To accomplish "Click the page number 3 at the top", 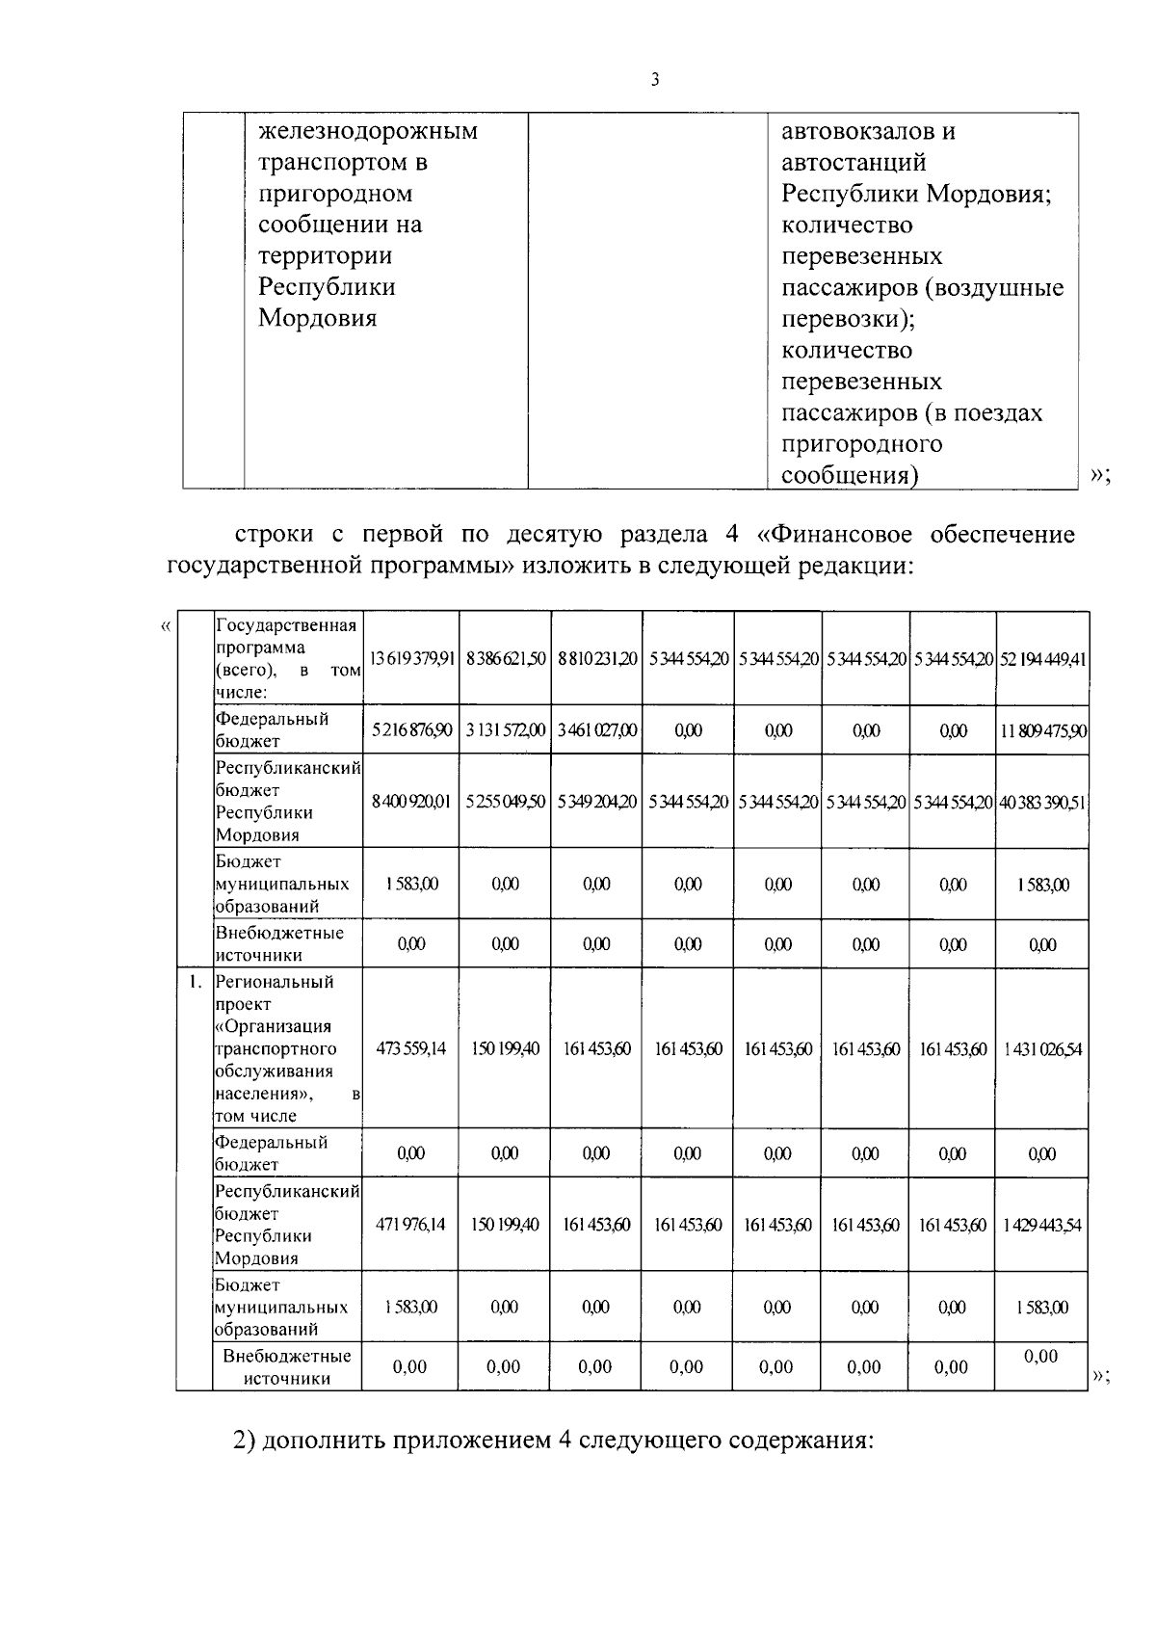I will [x=655, y=81].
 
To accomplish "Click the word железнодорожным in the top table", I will [x=368, y=131].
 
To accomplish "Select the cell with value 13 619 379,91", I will [x=410, y=658].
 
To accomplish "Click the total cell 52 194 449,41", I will [x=1042, y=658].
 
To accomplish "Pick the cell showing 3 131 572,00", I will [x=505, y=730].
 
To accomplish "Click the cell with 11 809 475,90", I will [x=1042, y=730].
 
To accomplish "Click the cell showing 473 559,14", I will [x=410, y=1048].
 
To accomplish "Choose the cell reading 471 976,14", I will [x=410, y=1225].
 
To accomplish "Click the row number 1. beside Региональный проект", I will [x=195, y=982].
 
